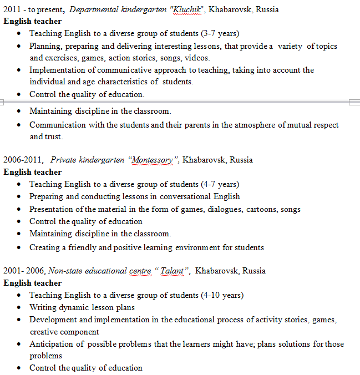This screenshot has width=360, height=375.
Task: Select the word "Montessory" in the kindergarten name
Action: click(150, 160)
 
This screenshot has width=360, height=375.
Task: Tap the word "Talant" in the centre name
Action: click(173, 271)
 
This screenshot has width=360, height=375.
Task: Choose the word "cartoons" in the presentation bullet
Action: click(255, 209)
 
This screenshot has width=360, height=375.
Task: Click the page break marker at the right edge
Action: click(354, 102)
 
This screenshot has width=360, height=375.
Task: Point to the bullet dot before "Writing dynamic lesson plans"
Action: click(19, 307)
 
